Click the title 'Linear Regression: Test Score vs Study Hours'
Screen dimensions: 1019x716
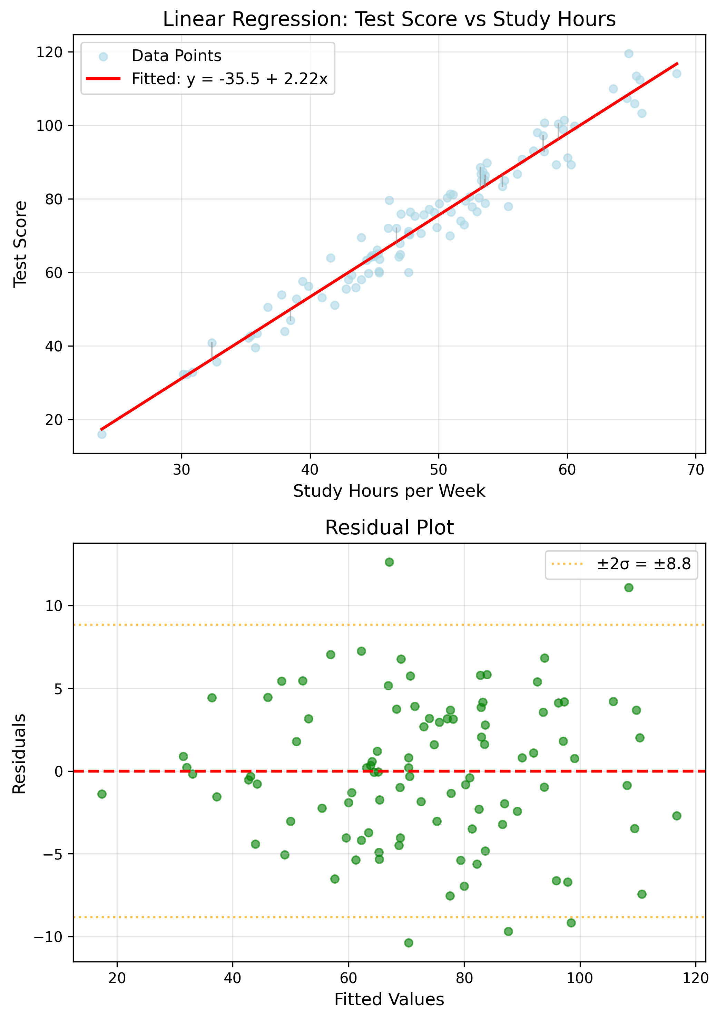click(389, 20)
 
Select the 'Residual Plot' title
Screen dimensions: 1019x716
click(389, 528)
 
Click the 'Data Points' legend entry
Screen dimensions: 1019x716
click(176, 56)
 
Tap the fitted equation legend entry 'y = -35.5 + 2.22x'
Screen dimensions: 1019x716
click(229, 79)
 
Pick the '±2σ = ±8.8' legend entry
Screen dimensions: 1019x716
click(643, 564)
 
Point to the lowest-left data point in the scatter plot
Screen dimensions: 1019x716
click(102, 434)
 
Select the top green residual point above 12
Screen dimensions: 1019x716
click(389, 562)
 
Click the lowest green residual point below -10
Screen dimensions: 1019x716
click(409, 943)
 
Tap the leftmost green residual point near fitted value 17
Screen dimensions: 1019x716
click(102, 794)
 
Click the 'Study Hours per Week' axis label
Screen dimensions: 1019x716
click(389, 491)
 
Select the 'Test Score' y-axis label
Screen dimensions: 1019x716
click(20, 244)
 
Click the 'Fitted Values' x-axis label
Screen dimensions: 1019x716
click(389, 999)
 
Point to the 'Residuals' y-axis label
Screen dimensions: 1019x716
click(19, 753)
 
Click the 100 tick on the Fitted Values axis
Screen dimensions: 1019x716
click(580, 978)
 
